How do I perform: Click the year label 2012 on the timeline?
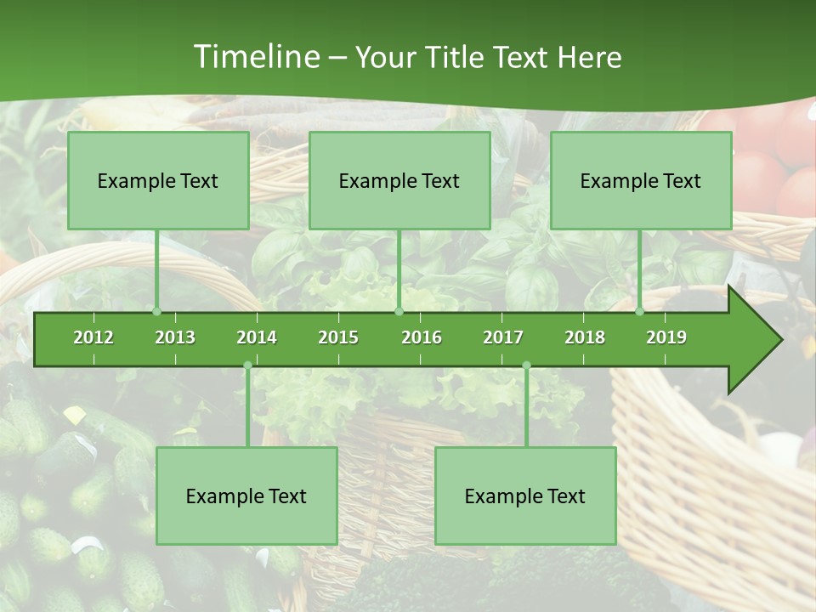[x=93, y=337]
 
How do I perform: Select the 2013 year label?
[x=175, y=337]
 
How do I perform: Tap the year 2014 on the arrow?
[x=257, y=337]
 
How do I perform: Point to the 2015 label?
[x=338, y=337]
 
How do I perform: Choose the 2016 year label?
[x=422, y=337]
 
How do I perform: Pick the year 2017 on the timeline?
[x=503, y=337]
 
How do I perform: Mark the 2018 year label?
[x=585, y=337]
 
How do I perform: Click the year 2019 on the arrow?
[x=666, y=337]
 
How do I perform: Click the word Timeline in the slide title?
[x=256, y=57]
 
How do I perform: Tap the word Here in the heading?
[x=590, y=57]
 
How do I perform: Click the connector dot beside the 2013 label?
[x=156, y=311]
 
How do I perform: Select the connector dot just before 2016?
[x=399, y=311]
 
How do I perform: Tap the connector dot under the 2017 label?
[x=526, y=365]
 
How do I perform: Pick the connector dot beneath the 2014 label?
[x=247, y=365]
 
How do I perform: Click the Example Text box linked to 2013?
[x=158, y=181]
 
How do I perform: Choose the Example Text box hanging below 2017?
[x=525, y=496]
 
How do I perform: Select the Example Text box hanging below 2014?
[x=246, y=496]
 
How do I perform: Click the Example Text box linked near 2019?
[x=641, y=181]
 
